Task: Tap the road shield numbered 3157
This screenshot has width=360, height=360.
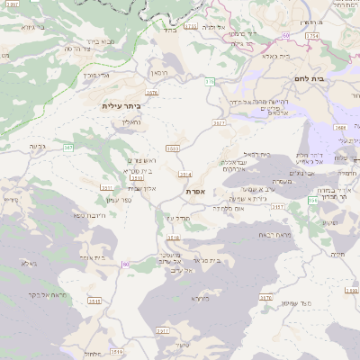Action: [x=277, y=206]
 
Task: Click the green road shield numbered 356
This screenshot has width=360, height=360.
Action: [x=312, y=199]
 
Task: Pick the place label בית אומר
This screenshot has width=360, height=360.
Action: [x=94, y=257]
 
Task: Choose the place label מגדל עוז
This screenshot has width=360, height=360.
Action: [x=176, y=218]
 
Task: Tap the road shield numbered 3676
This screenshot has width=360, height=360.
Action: [x=151, y=92]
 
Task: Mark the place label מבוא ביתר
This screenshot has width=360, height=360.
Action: [x=101, y=40]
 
